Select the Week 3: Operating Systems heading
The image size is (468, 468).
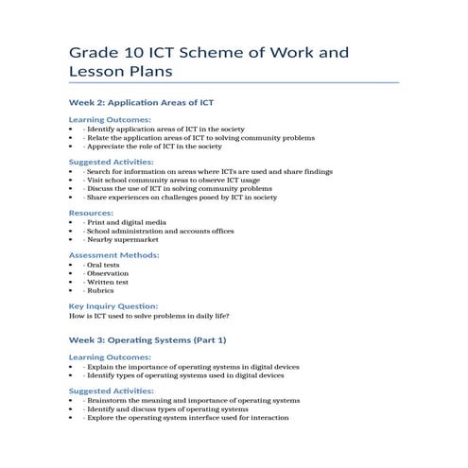[148, 338]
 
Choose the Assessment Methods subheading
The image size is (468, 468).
[113, 254]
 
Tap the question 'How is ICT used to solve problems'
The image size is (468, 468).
[149, 316]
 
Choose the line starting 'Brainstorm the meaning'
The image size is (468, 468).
[192, 400]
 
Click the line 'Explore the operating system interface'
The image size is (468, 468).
[186, 417]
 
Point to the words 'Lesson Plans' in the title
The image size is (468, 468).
[122, 72]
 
